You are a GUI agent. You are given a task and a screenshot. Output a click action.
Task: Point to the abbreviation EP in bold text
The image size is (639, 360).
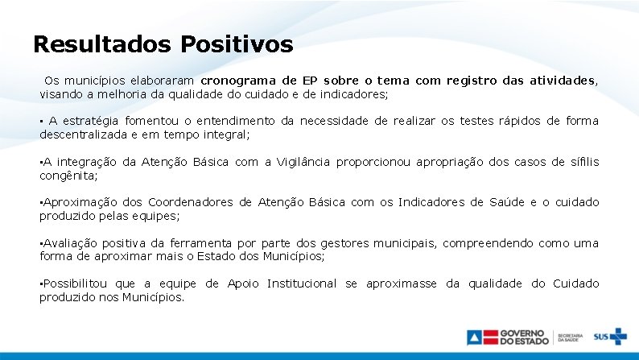point(310,81)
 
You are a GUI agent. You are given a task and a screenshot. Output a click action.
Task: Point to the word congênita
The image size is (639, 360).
point(68,176)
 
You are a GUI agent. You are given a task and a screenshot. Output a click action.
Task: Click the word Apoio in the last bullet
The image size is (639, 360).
point(243,283)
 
